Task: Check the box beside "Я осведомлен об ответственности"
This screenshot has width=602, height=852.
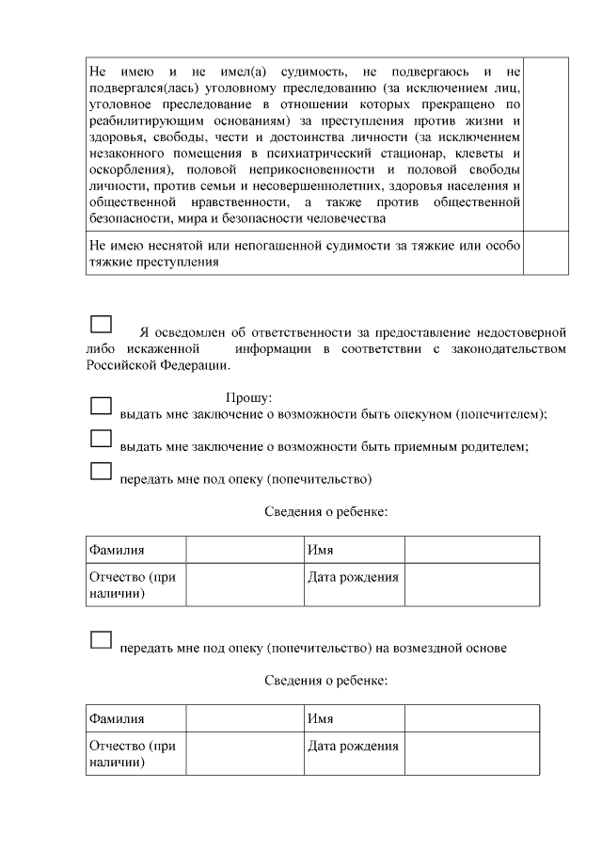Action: coord(101,324)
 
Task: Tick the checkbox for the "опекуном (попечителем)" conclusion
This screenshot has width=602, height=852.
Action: coord(101,406)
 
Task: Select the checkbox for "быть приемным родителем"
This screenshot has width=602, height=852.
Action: coord(101,439)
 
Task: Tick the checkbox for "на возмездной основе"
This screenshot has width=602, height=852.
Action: coord(101,639)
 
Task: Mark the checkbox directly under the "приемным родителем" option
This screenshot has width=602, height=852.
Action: coord(101,471)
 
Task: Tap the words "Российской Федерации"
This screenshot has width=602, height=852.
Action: coord(155,365)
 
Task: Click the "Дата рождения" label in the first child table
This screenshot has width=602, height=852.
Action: coord(353,577)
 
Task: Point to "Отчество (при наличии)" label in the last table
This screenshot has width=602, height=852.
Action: coord(133,754)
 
